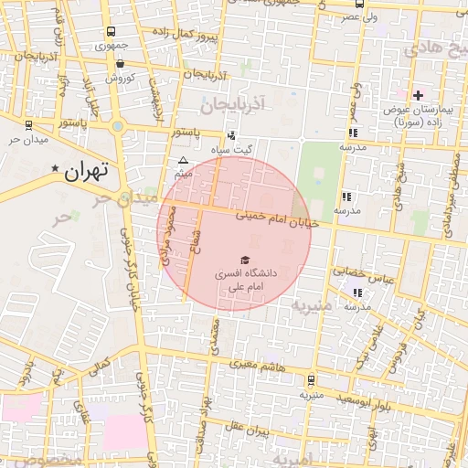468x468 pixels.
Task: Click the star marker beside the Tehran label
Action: (56, 169)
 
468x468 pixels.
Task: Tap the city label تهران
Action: (88, 170)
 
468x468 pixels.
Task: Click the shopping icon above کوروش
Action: (121, 64)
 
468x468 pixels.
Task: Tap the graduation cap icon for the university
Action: (244, 260)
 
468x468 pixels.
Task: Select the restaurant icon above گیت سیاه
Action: (230, 135)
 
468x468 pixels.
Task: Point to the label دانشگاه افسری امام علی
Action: (244, 280)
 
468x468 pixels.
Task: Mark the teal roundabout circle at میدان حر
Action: (118, 126)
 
